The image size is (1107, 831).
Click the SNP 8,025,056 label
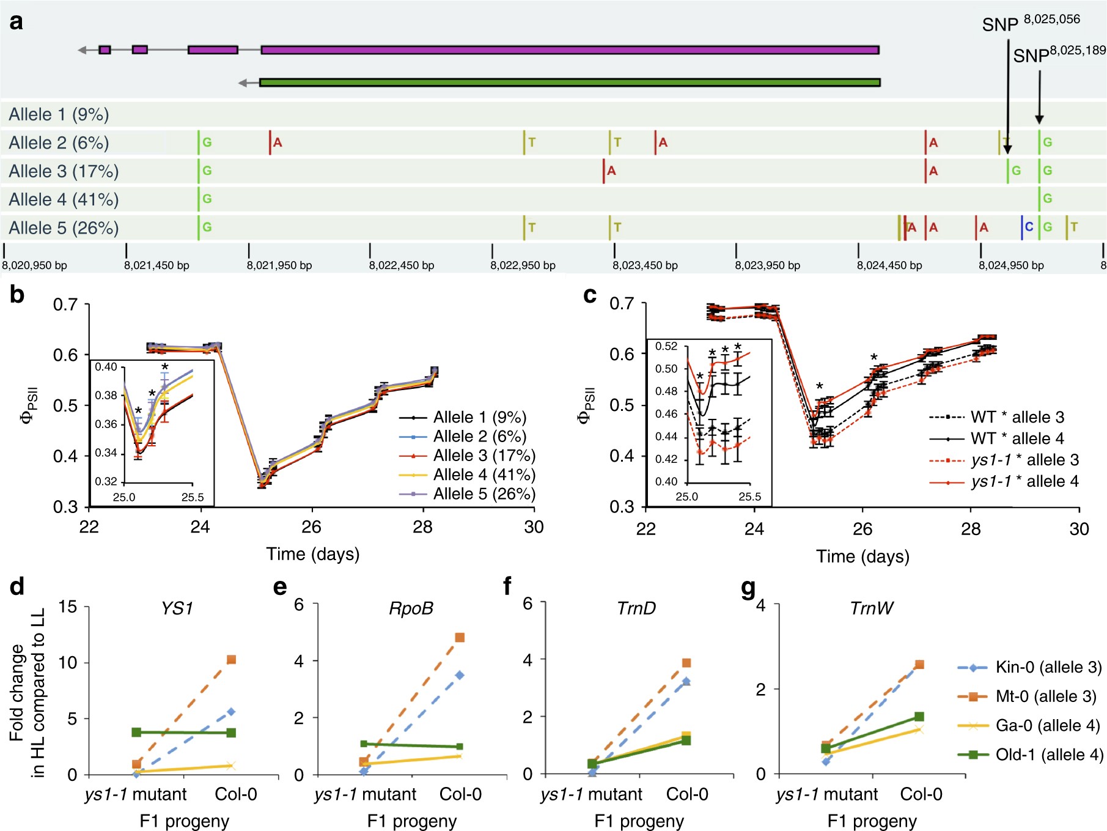[x=1031, y=23]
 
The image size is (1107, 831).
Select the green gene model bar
[x=569, y=82]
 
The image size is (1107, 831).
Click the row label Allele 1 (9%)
[x=59, y=114]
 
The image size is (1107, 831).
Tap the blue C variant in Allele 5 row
[x=1029, y=227]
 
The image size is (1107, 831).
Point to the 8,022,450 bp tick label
[x=401, y=265]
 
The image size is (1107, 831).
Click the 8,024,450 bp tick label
[x=889, y=265]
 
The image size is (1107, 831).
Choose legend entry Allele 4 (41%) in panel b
[x=484, y=475]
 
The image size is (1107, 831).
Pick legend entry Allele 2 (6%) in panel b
[x=479, y=437]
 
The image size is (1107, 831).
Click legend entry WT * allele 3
[x=1017, y=417]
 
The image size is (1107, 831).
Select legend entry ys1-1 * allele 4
[x=1024, y=482]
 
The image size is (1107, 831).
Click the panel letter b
[x=17, y=295]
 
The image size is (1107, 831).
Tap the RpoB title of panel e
[x=411, y=608]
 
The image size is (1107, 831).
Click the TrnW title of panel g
[x=871, y=608]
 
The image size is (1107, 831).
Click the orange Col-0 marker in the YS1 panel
[x=231, y=660]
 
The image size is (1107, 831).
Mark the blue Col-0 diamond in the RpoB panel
[x=459, y=675]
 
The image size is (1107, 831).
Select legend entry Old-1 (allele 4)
[x=1049, y=755]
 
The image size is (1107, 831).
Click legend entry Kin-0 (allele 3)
[x=1048, y=667]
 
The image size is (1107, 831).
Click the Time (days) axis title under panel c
[x=862, y=556]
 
